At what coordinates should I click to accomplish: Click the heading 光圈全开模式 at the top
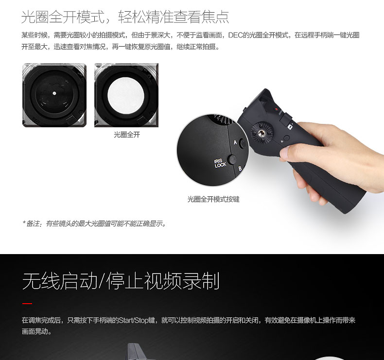click(x=63, y=17)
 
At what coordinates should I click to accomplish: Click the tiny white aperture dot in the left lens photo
click(x=54, y=93)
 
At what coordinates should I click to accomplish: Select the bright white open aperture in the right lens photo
click(x=126, y=95)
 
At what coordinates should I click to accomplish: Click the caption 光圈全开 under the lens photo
click(x=127, y=135)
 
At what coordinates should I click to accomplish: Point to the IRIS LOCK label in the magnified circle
click(x=220, y=163)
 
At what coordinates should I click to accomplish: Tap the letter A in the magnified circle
click(x=235, y=142)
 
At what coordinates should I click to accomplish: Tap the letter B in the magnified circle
click(x=240, y=169)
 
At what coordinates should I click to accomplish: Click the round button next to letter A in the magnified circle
click(x=243, y=143)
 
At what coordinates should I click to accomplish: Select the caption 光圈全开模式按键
click(x=213, y=199)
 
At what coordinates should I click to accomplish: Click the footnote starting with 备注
click(x=94, y=223)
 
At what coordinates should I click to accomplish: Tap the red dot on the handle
click(x=277, y=109)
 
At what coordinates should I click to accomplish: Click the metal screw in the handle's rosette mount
click(x=262, y=133)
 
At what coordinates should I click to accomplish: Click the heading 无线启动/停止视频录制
click(x=121, y=281)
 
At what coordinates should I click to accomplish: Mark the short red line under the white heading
click(x=27, y=304)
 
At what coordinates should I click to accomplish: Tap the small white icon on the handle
click(x=290, y=127)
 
